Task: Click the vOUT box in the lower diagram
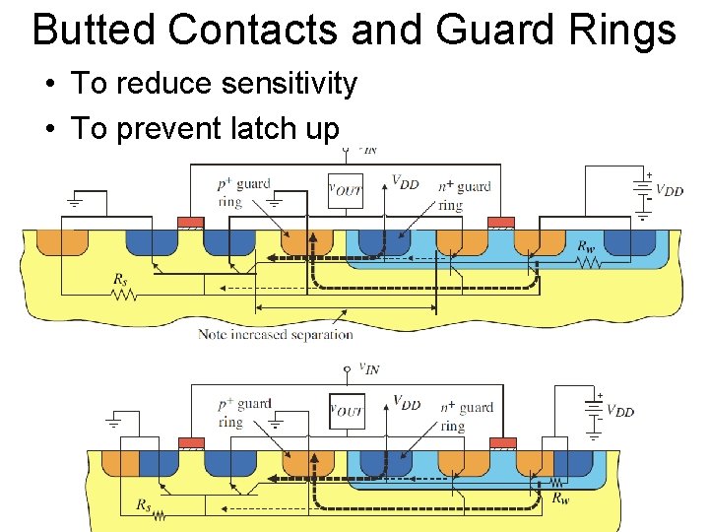click(345, 412)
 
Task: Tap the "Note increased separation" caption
click(276, 334)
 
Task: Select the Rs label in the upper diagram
click(120, 280)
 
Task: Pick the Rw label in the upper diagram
click(586, 246)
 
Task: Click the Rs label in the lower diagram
click(144, 505)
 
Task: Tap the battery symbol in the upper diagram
click(644, 190)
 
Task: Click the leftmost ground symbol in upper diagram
click(75, 204)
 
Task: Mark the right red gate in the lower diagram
click(502, 442)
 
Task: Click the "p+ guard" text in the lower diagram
click(245, 404)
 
